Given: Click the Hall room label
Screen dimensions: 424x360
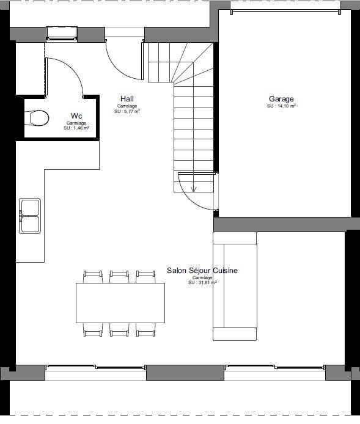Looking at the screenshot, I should [x=127, y=99].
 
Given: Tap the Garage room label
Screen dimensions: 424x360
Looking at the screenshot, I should [x=281, y=99].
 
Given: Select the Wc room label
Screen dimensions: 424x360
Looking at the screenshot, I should [x=76, y=115].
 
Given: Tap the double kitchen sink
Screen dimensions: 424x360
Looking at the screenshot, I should [x=29, y=215].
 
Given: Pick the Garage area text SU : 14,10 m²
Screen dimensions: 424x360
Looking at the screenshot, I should [x=281, y=106].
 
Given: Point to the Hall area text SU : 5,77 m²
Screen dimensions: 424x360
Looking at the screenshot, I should [x=127, y=111].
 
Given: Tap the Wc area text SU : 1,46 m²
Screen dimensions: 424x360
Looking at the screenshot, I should [x=76, y=128].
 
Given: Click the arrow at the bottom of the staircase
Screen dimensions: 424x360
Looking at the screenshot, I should [x=194, y=188].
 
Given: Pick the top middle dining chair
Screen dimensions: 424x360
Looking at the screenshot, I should [x=120, y=277].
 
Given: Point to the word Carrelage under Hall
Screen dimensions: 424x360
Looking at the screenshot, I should [x=127, y=106].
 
